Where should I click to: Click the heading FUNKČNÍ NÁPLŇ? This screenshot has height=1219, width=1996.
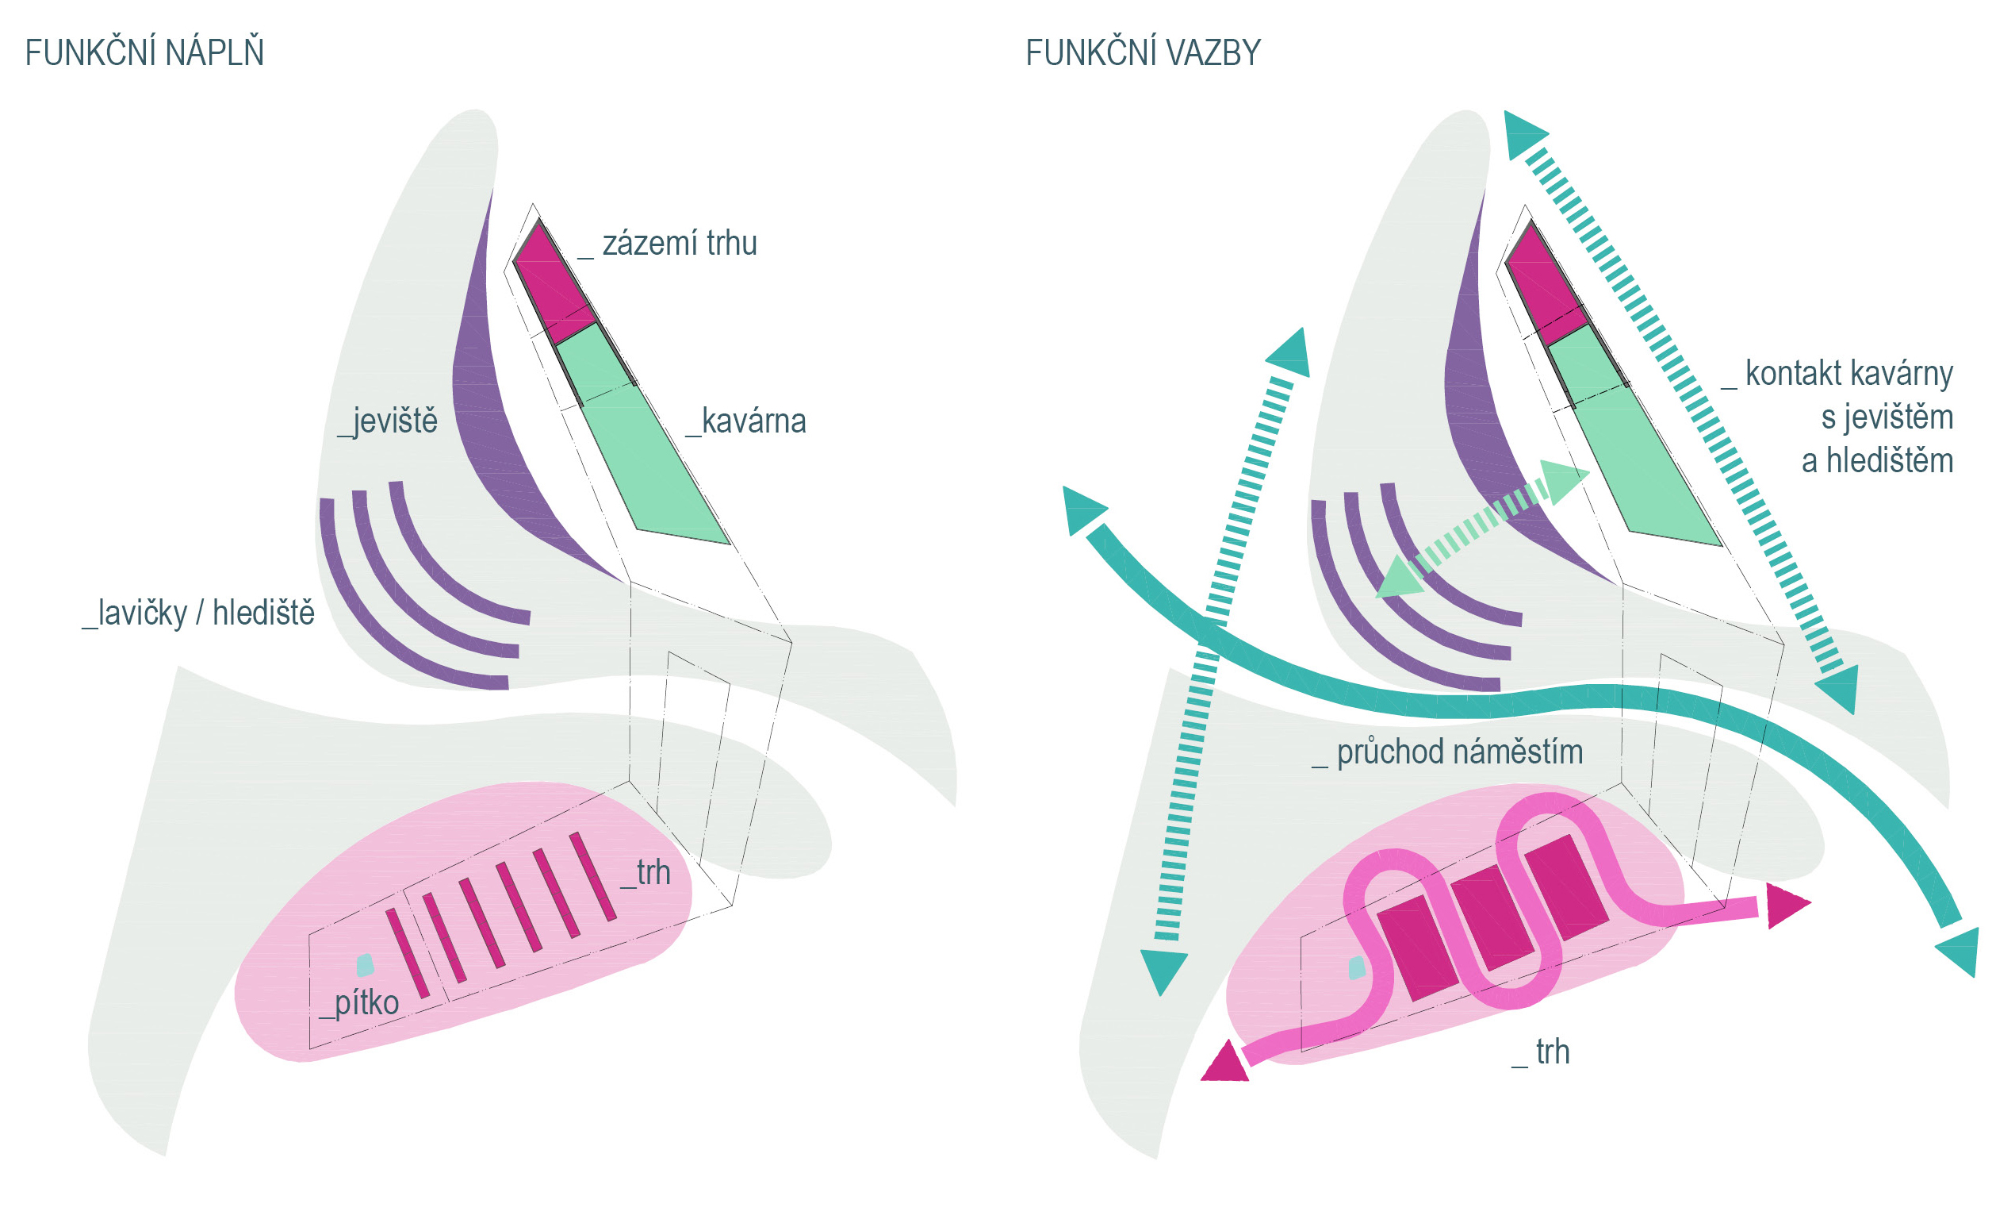[x=144, y=53]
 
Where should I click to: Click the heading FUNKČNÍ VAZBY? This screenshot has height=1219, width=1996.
[x=1143, y=53]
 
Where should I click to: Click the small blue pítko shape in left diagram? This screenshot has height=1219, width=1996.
[x=366, y=965]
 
